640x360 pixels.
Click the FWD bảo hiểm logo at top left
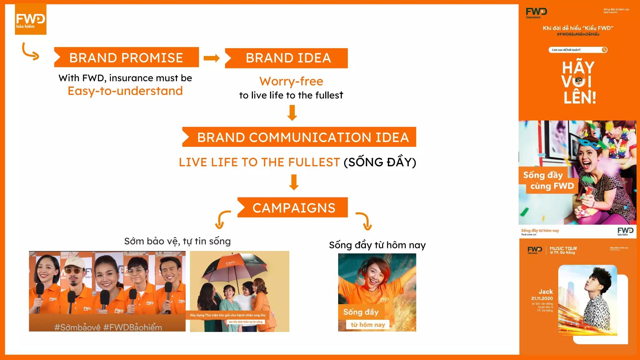coord(31,19)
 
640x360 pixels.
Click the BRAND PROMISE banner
coord(126,57)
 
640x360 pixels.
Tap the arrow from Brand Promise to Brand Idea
coord(212,58)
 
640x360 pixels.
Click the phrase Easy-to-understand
coord(125,91)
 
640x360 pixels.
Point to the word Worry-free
coord(291,81)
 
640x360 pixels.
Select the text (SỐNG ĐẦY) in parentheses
coord(380,162)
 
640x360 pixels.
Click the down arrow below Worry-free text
coord(292,113)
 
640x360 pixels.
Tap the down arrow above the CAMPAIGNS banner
coord(294,182)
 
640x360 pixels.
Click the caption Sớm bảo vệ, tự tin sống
coord(177,241)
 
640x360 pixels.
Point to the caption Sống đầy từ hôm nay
coord(377,245)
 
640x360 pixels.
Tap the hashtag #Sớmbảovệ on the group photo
coord(77,327)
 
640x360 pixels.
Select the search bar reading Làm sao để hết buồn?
coord(577,50)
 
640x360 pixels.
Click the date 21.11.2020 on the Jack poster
coord(542,298)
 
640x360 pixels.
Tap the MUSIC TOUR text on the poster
coord(563,248)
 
